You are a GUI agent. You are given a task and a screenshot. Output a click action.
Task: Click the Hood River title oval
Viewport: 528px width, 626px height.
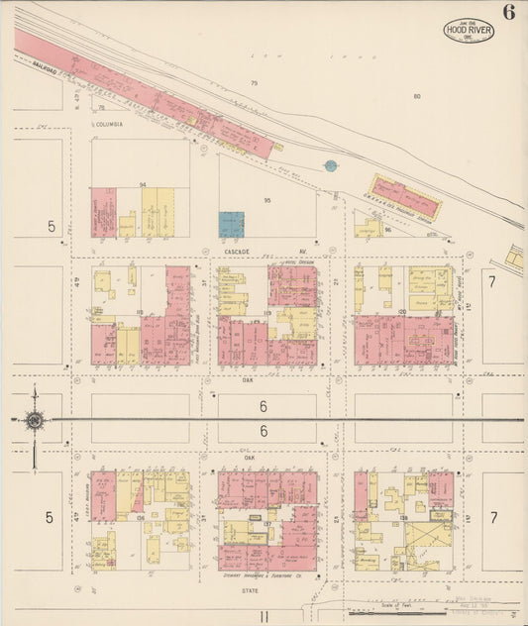coord(468,29)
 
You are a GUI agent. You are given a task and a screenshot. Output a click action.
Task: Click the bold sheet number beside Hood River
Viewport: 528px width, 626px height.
coord(508,13)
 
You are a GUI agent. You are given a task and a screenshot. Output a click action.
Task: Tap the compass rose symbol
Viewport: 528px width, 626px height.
coord(35,421)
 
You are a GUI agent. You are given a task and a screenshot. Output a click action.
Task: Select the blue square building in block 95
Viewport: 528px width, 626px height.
coord(231,224)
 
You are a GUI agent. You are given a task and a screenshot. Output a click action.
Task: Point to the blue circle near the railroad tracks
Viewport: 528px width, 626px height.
coord(331,165)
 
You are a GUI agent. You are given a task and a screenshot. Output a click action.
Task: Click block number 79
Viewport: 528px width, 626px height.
coord(254,83)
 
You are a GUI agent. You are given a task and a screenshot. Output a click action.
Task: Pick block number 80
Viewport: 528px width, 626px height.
coord(417,96)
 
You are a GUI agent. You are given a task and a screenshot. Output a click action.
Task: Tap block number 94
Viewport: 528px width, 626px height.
coord(143,185)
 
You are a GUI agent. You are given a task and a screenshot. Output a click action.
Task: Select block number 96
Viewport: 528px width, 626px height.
coord(388,230)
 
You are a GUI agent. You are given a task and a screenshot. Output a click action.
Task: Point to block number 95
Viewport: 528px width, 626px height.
coord(266,201)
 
